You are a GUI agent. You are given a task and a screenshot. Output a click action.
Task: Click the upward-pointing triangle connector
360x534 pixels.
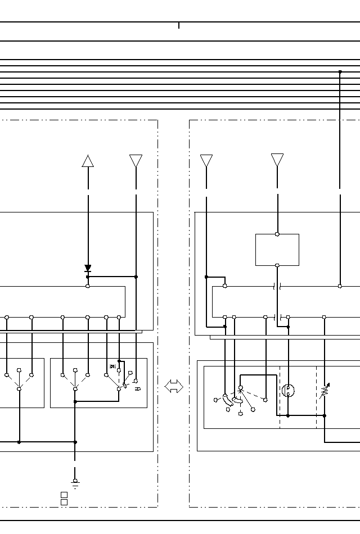[x=88, y=161]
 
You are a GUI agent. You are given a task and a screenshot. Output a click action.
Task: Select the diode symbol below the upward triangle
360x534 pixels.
[x=88, y=269]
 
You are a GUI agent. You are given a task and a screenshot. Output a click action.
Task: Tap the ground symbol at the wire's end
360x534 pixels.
[x=75, y=482]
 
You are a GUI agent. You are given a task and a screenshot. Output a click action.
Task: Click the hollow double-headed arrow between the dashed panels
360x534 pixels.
[x=174, y=386]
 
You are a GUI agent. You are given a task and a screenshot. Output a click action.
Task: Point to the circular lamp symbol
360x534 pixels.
[x=288, y=390]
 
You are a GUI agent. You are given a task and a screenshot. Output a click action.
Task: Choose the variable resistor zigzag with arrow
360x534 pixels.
[x=325, y=391]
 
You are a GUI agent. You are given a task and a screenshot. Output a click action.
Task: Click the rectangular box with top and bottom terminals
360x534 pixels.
[x=277, y=250]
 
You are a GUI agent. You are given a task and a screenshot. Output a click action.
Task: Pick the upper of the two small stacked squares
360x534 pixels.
[x=64, y=495]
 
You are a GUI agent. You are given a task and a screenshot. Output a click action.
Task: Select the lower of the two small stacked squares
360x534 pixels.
[x=64, y=502]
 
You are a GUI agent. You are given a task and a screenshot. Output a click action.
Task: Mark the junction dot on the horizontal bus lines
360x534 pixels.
[x=340, y=72]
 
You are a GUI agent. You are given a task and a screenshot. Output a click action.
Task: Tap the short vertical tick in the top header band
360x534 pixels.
[x=179, y=25]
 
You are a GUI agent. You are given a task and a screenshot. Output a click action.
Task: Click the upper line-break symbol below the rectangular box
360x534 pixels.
[x=277, y=286]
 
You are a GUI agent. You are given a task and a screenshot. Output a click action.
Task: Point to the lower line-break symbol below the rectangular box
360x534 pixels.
[x=277, y=317]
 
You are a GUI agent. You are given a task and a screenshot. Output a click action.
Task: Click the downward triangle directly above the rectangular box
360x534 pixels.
[x=277, y=160]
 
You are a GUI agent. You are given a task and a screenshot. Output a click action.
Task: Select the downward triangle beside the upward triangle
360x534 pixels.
[x=136, y=161]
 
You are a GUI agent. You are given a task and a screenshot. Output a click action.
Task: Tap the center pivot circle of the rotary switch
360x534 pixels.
[x=240, y=388]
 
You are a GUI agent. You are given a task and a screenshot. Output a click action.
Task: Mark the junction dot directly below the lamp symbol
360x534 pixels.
[x=288, y=415]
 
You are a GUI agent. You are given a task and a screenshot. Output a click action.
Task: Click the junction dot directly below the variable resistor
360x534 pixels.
[x=325, y=415]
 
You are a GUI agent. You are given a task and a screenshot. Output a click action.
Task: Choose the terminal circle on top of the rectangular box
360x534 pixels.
[x=277, y=234]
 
